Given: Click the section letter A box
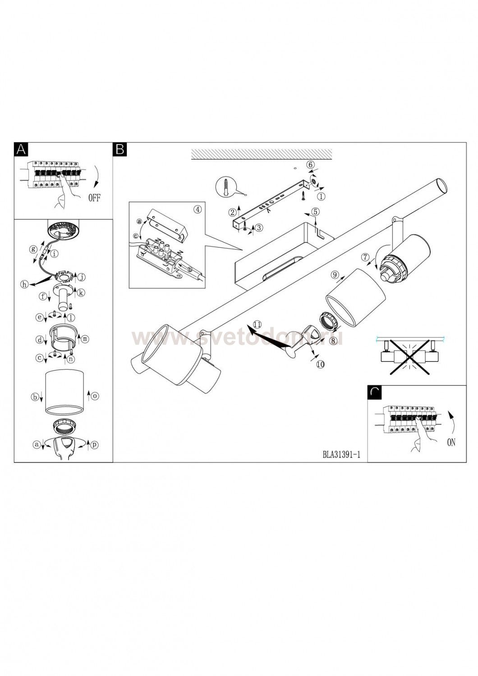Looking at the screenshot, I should (x=21, y=149).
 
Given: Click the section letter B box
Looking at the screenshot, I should (x=120, y=149).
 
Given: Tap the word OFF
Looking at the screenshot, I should (x=94, y=198).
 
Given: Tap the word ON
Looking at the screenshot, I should (x=451, y=442).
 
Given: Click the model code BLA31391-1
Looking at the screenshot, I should (x=341, y=454).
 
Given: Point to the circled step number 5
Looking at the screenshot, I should (x=315, y=211).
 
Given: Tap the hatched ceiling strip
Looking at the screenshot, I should (x=262, y=154).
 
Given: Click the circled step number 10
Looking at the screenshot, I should (x=320, y=365).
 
